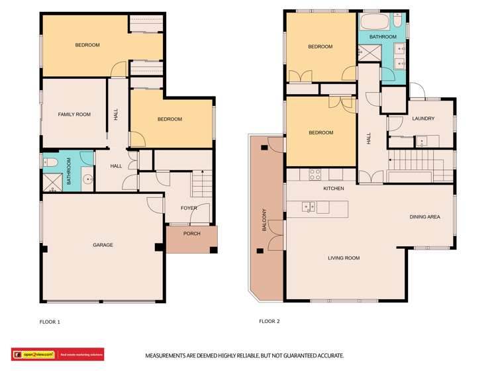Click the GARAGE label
[x=103, y=246]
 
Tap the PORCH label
[x=192, y=234]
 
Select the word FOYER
[x=189, y=209]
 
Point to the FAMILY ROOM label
[x=74, y=115]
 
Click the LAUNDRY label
[x=422, y=119]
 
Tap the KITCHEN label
[x=333, y=189]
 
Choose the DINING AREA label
[x=424, y=216]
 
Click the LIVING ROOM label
[x=344, y=258]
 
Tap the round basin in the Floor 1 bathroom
[x=87, y=179]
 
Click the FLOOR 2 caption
[x=270, y=322]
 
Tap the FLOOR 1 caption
[x=50, y=322]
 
